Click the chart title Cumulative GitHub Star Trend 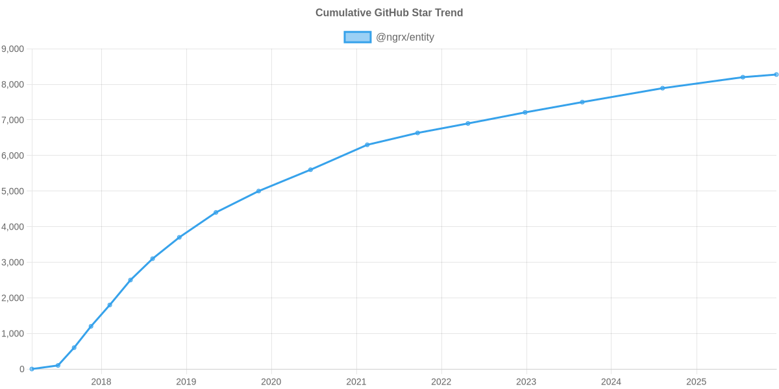click(x=389, y=13)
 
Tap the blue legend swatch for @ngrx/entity click(x=357, y=37)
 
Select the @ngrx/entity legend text click(x=405, y=37)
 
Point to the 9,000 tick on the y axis click(x=13, y=49)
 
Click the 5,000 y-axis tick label click(x=13, y=191)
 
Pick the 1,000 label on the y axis click(x=13, y=334)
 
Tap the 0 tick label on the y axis click(x=22, y=370)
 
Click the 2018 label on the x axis click(x=101, y=382)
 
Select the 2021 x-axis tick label click(x=356, y=382)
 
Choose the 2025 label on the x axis click(x=696, y=382)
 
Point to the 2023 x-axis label click(x=526, y=382)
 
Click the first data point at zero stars click(x=32, y=369)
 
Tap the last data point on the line click(x=776, y=75)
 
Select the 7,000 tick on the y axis click(x=13, y=121)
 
